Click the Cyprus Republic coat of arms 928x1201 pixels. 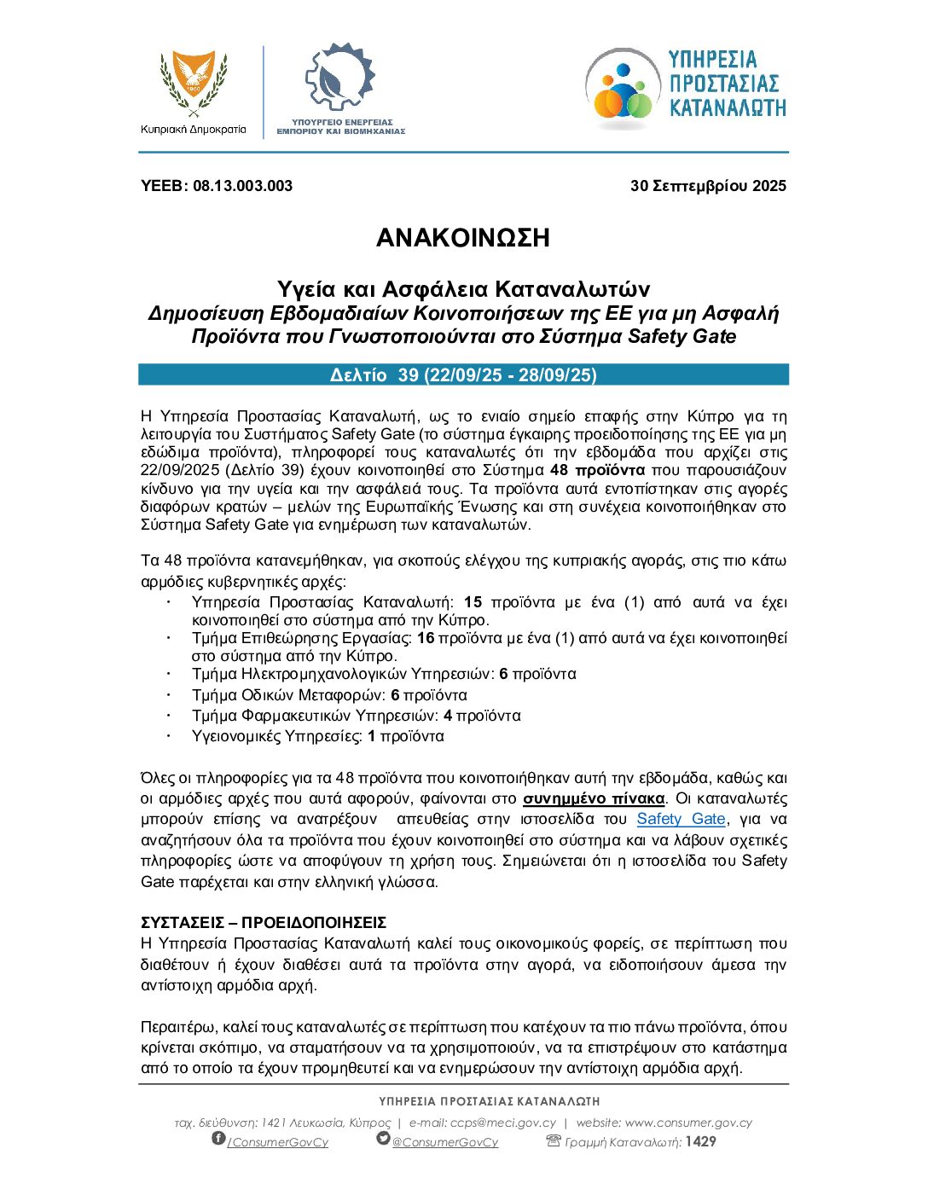194,84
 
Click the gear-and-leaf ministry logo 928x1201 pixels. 339,78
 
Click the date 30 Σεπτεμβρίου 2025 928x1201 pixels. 708,186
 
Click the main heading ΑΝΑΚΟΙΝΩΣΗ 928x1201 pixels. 463,238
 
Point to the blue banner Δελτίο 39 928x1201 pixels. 463,375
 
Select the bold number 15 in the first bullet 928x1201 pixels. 473,602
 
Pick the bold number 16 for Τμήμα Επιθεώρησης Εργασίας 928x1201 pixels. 425,638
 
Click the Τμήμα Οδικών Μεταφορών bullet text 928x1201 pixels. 329,695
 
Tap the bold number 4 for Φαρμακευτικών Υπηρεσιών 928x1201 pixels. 448,716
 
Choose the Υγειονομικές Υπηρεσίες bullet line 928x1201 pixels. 317,736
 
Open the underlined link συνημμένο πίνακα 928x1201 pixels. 594,799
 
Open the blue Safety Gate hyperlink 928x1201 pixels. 681,820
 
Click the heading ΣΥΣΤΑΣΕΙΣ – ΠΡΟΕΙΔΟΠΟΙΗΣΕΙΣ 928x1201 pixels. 264,923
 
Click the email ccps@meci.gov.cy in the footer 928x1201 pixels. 502,1123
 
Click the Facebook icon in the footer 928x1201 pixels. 218,1139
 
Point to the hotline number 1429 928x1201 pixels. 700,1141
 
